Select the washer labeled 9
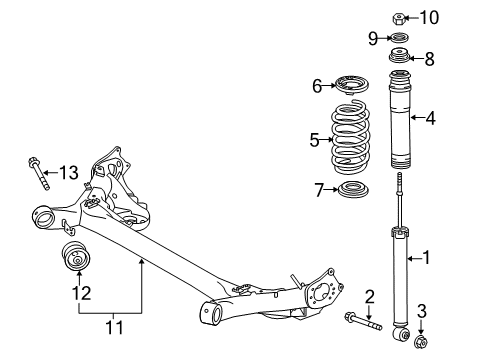[399, 39]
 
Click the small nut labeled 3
[420, 343]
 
